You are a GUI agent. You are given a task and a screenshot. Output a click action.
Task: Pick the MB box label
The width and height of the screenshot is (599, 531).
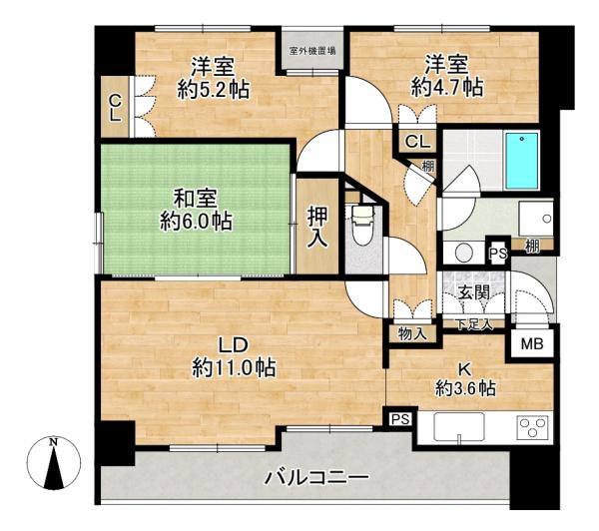pyautogui.click(x=528, y=344)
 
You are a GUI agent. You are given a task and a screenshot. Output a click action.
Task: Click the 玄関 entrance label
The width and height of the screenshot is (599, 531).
pyautogui.click(x=473, y=292)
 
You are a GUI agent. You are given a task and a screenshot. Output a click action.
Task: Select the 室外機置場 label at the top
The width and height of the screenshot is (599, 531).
pyautogui.click(x=311, y=49)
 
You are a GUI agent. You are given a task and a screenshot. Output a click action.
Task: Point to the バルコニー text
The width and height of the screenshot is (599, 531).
pyautogui.click(x=316, y=477)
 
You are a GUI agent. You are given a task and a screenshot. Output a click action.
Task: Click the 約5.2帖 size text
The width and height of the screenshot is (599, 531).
pyautogui.click(x=213, y=90)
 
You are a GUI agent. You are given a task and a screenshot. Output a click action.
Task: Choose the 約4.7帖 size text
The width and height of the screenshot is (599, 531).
pyautogui.click(x=447, y=88)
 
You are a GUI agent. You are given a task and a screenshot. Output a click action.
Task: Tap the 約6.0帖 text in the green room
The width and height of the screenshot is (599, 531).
pyautogui.click(x=198, y=221)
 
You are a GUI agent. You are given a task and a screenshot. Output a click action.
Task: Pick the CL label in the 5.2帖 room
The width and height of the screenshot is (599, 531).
pyautogui.click(x=116, y=107)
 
